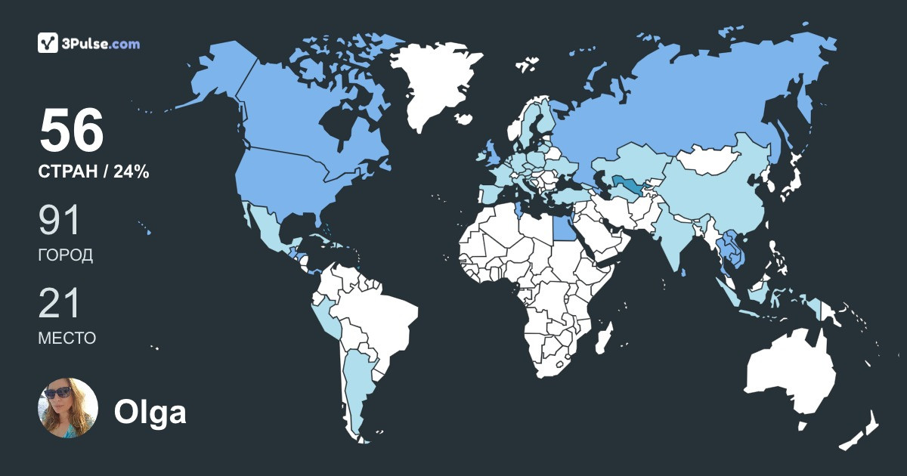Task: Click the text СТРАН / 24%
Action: point(94,172)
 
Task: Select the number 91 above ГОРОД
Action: point(60,221)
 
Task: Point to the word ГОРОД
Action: point(66,255)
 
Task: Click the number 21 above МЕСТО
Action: point(60,304)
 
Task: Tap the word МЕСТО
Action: point(67,338)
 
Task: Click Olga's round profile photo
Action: point(68,407)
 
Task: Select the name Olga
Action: point(150,413)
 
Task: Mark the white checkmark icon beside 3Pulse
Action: point(48,43)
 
